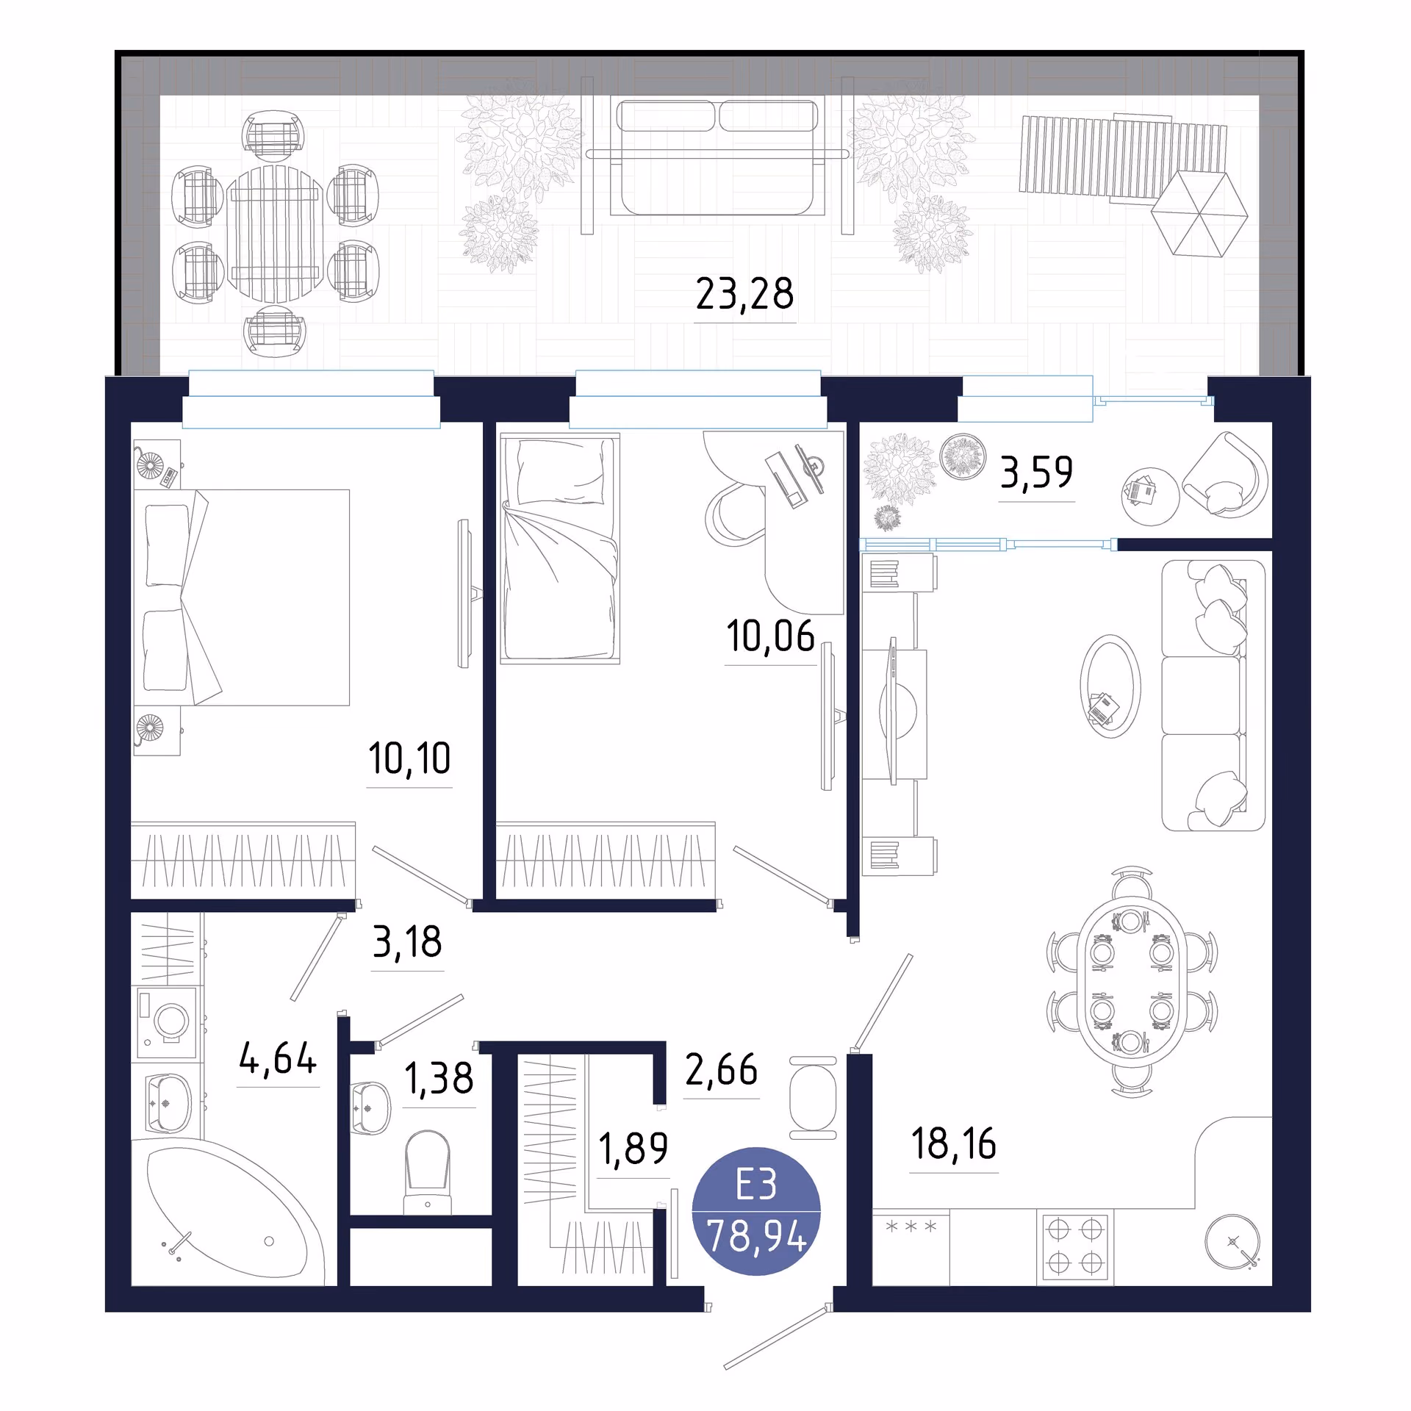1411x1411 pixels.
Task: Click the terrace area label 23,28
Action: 744,293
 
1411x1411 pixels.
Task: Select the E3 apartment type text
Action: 756,1185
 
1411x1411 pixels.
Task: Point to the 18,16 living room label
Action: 953,1144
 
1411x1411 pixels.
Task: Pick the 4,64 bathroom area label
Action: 278,1058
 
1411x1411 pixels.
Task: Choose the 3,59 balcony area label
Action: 1036,472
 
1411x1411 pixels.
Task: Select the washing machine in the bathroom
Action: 167,1022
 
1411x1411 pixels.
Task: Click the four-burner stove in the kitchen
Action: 1074,1246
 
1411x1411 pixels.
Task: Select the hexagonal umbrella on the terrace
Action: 1199,214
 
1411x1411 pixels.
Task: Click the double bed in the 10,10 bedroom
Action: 242,597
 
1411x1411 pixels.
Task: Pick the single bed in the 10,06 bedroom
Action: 560,548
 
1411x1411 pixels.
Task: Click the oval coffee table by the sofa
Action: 1110,686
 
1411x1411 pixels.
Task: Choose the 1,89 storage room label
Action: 633,1149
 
